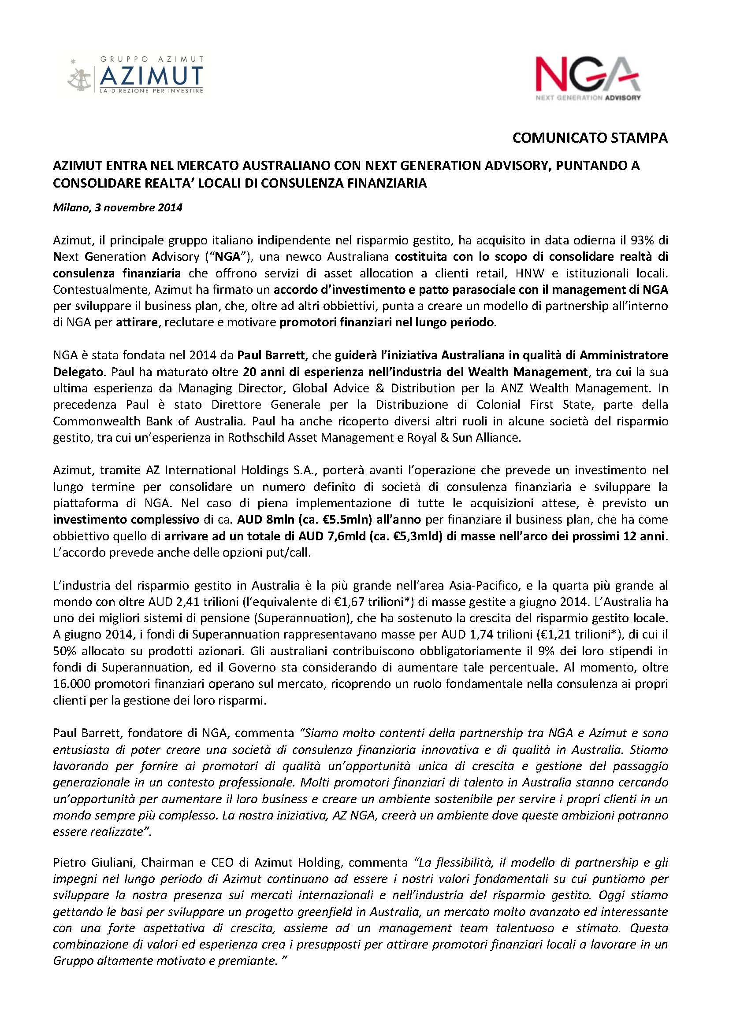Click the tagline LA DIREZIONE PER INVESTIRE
(151, 90)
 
